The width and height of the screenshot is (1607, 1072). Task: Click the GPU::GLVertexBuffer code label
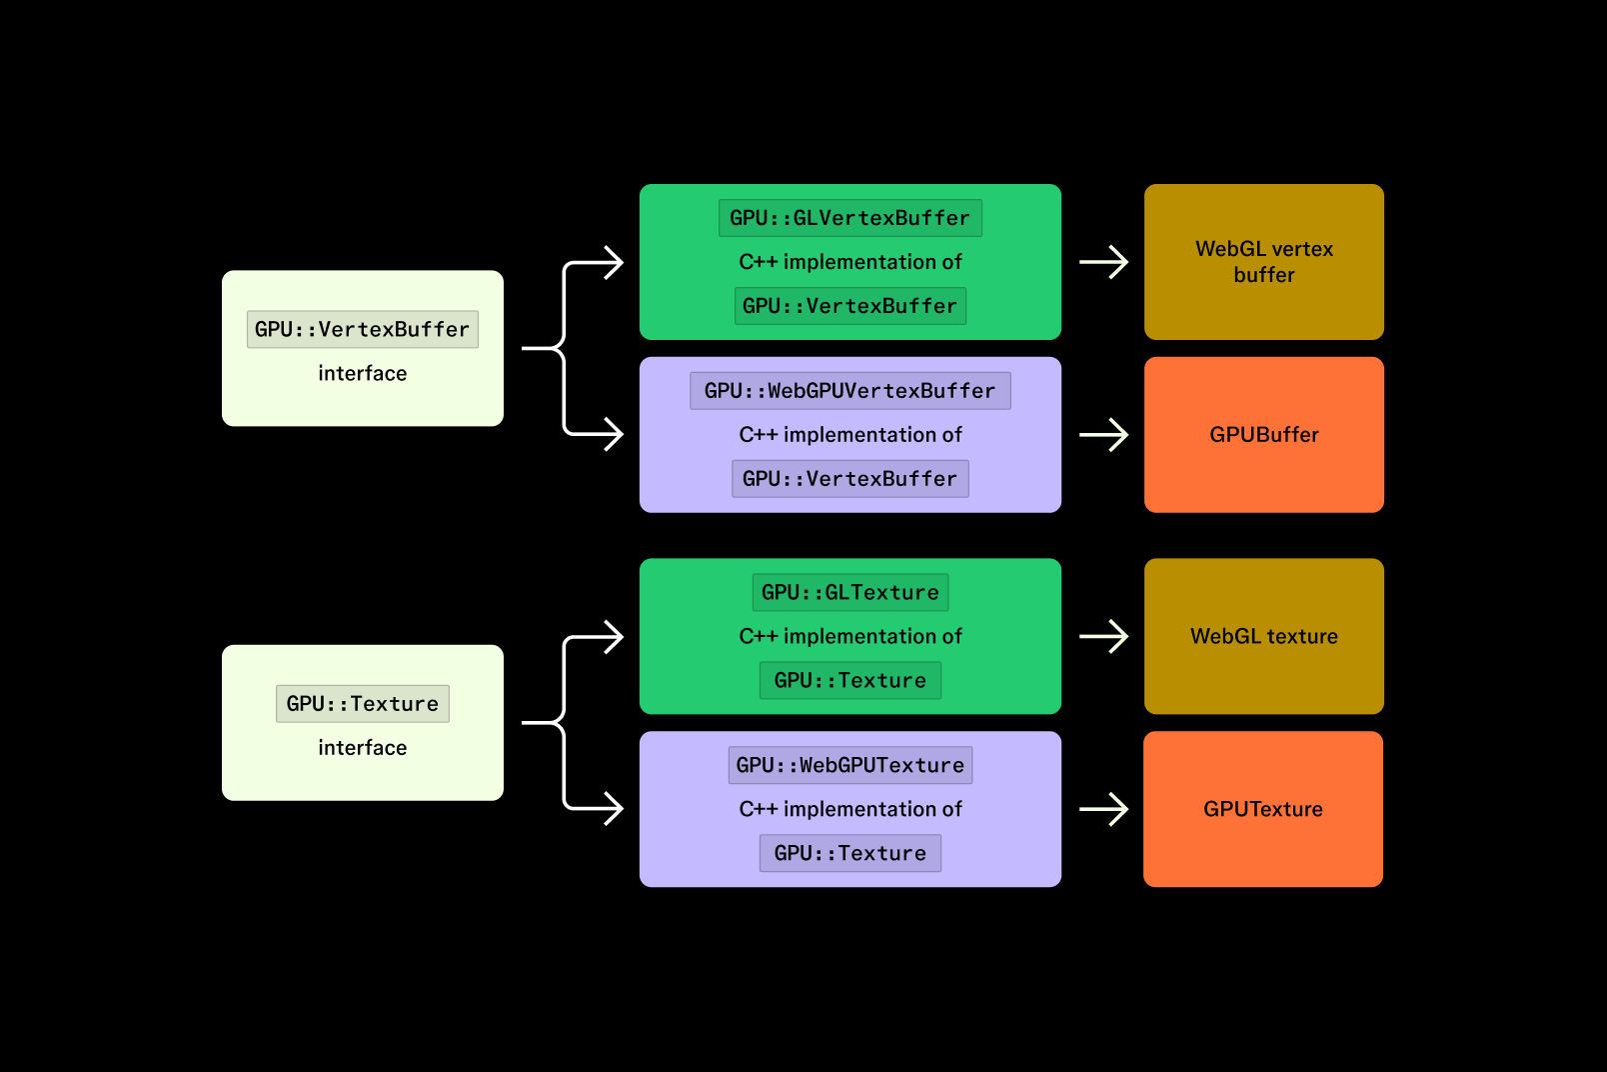849,218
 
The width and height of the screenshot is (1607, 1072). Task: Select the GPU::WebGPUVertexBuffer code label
849,391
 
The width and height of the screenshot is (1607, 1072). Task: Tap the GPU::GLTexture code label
849,592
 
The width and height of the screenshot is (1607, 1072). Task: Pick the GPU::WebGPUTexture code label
849,765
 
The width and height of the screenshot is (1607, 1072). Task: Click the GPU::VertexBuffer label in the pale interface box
362,329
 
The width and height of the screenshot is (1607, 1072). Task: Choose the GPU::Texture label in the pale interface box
362,703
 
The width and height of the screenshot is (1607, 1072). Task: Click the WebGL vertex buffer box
1263,262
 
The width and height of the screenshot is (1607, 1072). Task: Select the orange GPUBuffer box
1263,435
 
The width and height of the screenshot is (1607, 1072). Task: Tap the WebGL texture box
1263,636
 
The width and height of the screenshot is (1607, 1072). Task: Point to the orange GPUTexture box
1263,809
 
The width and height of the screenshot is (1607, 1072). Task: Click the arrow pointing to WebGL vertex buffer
1104,262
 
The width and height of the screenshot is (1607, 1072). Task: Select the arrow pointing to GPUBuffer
1104,435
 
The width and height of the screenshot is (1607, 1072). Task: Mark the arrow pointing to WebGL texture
1104,636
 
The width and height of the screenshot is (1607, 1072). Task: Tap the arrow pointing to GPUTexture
1104,809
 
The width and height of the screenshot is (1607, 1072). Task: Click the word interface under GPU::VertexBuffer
362,373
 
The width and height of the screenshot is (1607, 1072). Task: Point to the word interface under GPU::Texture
362,747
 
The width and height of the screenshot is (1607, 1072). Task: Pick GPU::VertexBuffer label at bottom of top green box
849,306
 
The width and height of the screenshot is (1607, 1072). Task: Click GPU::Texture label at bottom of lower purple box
849,853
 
